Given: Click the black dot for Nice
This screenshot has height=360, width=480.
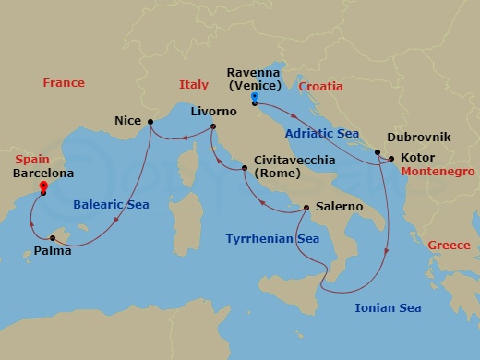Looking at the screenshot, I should coord(150,121).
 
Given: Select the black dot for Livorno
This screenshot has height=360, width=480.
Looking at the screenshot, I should coord(213,127).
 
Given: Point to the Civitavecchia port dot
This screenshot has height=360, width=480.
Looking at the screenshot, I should coord(245,168).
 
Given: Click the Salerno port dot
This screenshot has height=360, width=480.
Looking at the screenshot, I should coord(306,208).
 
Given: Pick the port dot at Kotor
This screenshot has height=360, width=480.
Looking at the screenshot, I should coord(393,159).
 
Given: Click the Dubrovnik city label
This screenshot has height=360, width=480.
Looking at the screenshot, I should coord(420,137).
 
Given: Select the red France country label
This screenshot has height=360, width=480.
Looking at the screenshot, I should coord(64,84).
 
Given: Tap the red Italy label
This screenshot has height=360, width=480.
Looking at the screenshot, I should coord(193,86).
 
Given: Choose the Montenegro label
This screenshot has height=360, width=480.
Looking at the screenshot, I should coord(438,172).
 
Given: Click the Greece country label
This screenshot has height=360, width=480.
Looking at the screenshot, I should coord(450,246).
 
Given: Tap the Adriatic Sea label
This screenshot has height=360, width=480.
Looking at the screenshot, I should coord(321,133).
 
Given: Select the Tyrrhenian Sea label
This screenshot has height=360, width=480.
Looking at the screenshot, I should coord(272,239).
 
